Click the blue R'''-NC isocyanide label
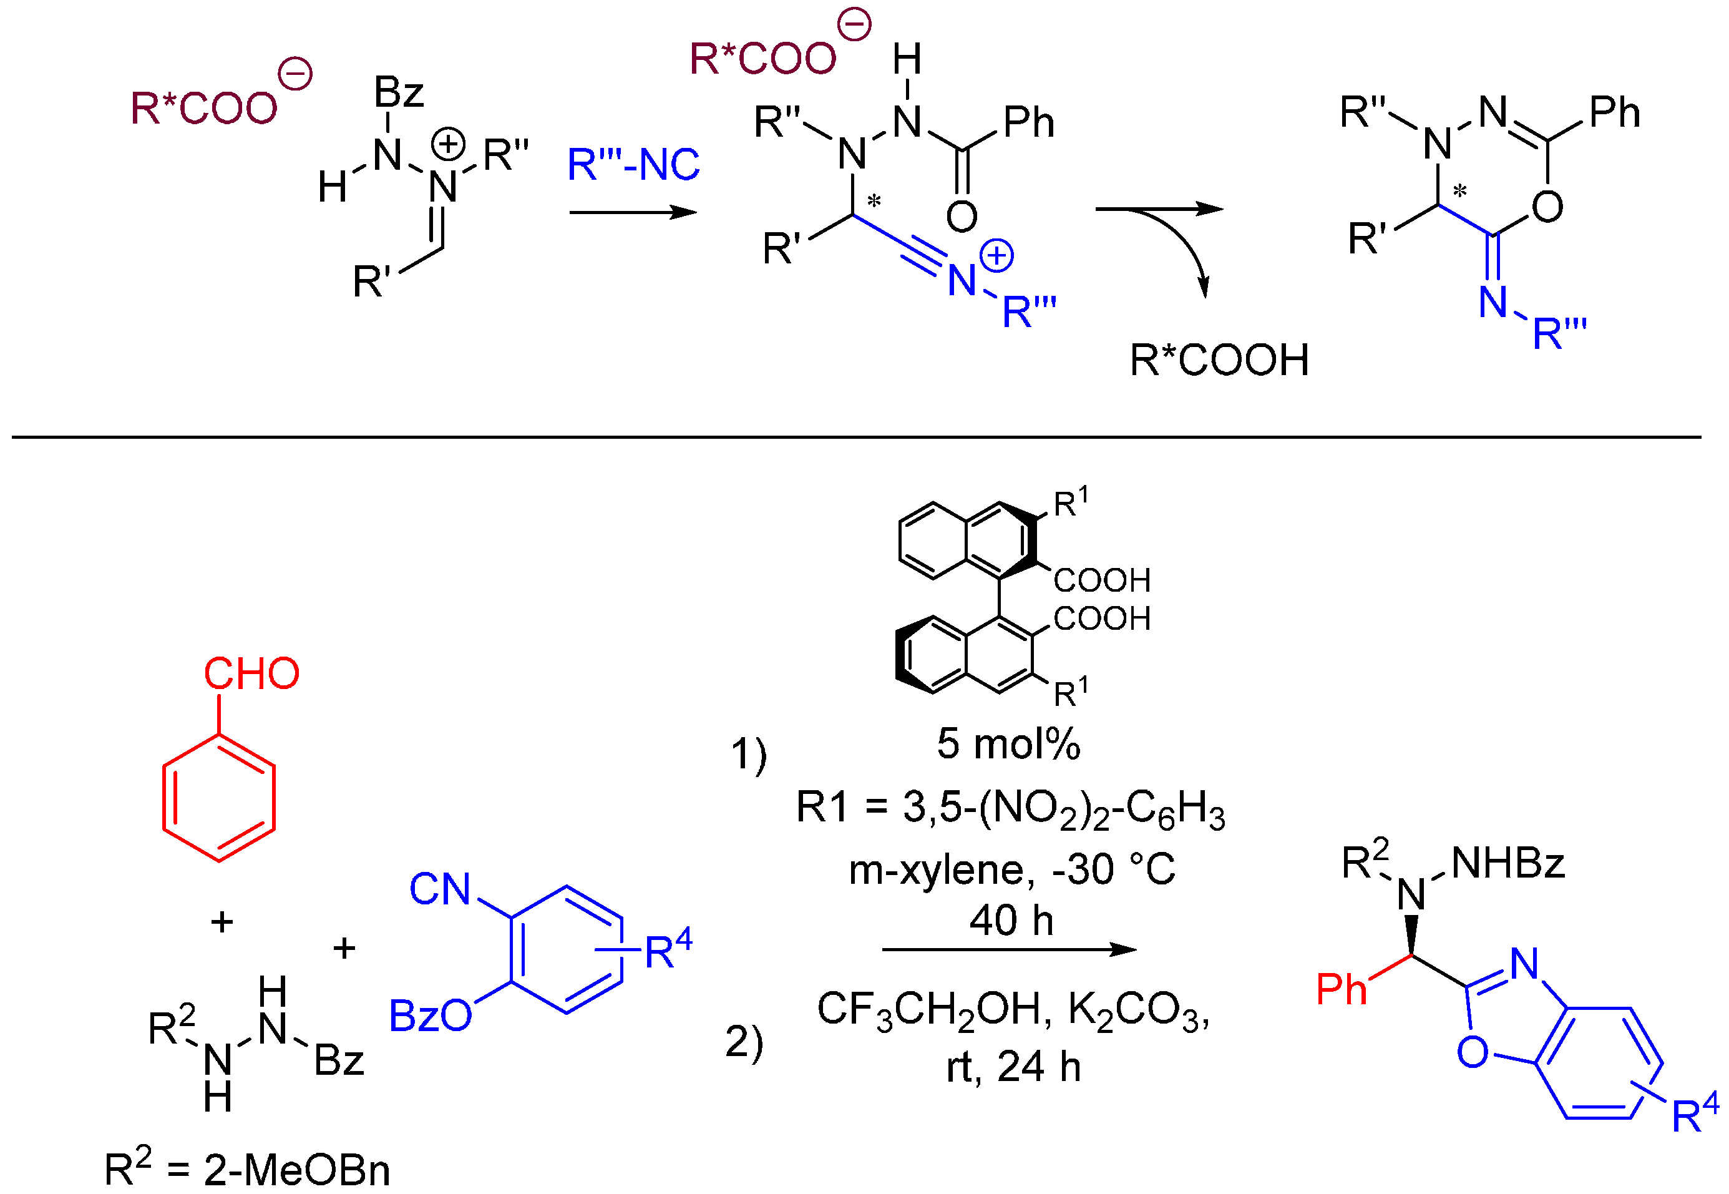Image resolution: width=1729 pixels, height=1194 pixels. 633,165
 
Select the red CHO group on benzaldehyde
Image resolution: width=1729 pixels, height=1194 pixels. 251,673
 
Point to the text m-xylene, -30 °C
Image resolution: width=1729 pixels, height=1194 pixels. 1011,870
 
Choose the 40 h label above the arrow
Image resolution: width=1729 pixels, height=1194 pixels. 1011,919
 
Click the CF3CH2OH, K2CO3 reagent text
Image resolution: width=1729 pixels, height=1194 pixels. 1013,1010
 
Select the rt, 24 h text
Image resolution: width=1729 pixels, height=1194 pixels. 1013,1067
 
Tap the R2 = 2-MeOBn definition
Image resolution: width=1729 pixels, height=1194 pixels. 247,1168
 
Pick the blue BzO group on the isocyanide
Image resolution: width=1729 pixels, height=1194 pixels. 430,1016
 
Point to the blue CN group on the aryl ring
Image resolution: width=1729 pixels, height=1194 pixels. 440,889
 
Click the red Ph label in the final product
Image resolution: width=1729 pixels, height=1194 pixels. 1341,989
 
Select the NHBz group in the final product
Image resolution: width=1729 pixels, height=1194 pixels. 1507,863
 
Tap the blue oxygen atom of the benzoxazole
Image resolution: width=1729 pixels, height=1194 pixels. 1472,1052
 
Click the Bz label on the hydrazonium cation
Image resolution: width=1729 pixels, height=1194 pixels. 399,93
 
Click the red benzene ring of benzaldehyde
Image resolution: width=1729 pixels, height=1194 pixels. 218,798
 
